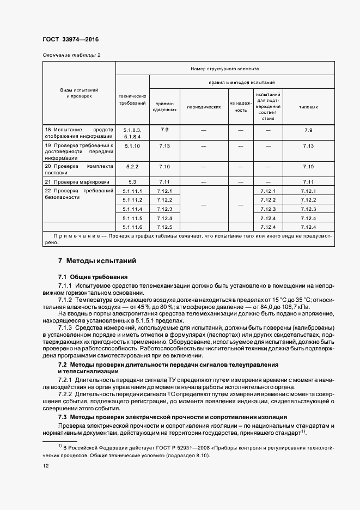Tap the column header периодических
pyautogui.click(x=204, y=107)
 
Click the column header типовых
pyautogui.click(x=308, y=107)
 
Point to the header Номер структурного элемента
pyautogui.click(x=224, y=69)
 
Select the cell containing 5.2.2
pyautogui.click(x=132, y=166)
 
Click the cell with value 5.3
pyautogui.click(x=132, y=181)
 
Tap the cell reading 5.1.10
pyautogui.click(x=132, y=146)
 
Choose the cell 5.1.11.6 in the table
pyautogui.click(x=132, y=227)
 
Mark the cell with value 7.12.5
pyautogui.click(x=164, y=227)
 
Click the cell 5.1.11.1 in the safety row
pyautogui.click(x=132, y=191)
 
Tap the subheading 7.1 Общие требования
pyautogui.click(x=93, y=277)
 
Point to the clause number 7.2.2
pyautogui.click(x=65, y=393)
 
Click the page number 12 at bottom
pyautogui.click(x=45, y=466)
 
